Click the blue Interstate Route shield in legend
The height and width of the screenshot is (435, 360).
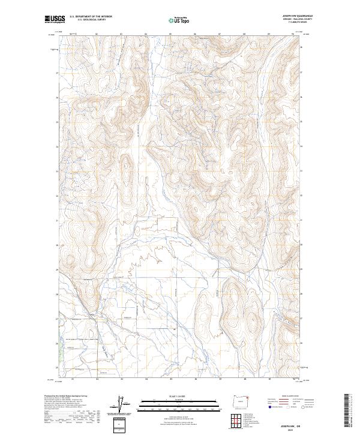(x=268, y=407)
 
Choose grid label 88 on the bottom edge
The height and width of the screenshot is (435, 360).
(x=245, y=379)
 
